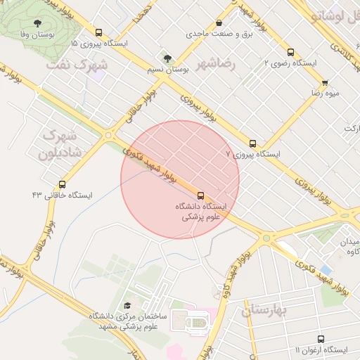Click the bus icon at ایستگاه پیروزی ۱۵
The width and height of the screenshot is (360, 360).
click(98, 32)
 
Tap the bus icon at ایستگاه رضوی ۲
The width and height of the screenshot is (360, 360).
click(290, 52)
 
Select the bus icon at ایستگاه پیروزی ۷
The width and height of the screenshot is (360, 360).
click(252, 143)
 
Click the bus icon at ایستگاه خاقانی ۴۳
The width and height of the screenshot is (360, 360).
click(62, 184)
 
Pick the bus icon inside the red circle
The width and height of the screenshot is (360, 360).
click(201, 195)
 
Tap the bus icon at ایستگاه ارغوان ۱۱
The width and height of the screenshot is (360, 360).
click(321, 339)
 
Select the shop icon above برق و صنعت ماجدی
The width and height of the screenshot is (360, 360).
click(219, 22)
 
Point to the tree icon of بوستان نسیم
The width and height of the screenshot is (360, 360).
click(167, 58)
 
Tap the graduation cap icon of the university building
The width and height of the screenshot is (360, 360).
click(127, 306)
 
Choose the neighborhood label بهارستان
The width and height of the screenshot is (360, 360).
click(266, 309)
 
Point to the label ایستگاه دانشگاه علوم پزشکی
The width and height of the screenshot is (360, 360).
click(201, 212)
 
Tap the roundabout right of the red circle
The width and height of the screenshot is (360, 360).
click(266, 238)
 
